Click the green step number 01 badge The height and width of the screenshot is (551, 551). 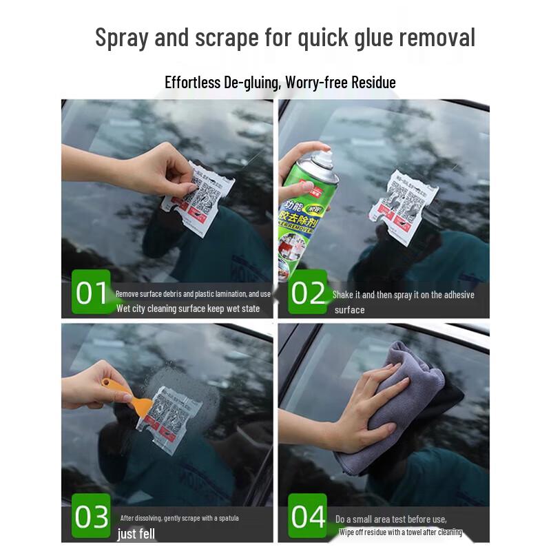(92, 293)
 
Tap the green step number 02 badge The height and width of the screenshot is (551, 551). (308, 293)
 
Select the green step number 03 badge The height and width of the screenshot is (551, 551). (92, 516)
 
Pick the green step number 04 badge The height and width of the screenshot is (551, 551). (308, 516)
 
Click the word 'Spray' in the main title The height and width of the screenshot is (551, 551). (122, 37)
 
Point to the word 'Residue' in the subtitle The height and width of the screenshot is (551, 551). (373, 83)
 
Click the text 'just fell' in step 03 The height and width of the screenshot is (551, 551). (136, 534)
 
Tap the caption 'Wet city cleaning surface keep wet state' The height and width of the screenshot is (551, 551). (188, 309)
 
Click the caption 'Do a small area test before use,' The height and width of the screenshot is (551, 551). (391, 519)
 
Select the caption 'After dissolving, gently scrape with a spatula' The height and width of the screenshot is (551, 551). (180, 518)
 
